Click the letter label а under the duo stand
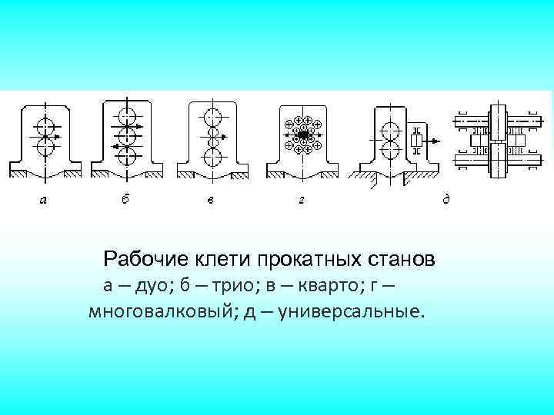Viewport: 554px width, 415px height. pos(43,201)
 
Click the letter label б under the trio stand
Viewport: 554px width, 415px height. pos(125,199)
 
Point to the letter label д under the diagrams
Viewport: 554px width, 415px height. pos(446,200)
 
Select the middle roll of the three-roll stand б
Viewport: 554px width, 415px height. pos(127,134)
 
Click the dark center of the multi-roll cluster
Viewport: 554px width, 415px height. pos(302,135)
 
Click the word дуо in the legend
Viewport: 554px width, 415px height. pos(152,287)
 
